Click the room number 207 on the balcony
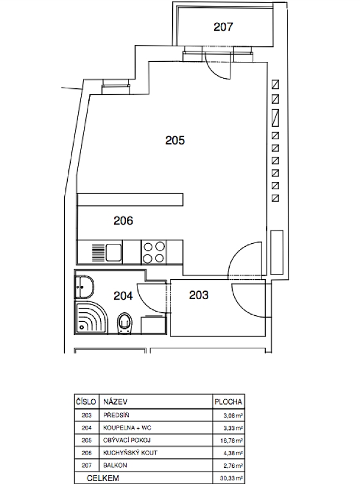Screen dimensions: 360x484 coord(223,27)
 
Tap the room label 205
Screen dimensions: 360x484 coord(175,141)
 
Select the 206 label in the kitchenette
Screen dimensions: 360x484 coord(123,221)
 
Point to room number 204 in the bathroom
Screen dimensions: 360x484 coord(123,295)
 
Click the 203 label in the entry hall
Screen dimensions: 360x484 coord(199,295)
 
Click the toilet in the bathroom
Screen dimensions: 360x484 coord(125,323)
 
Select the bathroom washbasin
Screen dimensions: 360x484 coord(84,287)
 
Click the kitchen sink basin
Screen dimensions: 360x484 coord(114,252)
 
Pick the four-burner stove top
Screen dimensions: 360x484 coord(154,252)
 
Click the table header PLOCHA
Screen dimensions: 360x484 coord(228,402)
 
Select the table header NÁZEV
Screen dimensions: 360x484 coord(115,402)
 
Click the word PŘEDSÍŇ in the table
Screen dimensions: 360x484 coord(116,415)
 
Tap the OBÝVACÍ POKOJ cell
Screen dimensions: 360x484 coord(127,440)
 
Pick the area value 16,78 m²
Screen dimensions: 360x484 coord(232,441)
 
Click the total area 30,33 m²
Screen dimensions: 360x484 coord(232,478)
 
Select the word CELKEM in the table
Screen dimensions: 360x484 coord(103,478)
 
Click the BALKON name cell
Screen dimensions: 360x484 coord(115,465)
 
